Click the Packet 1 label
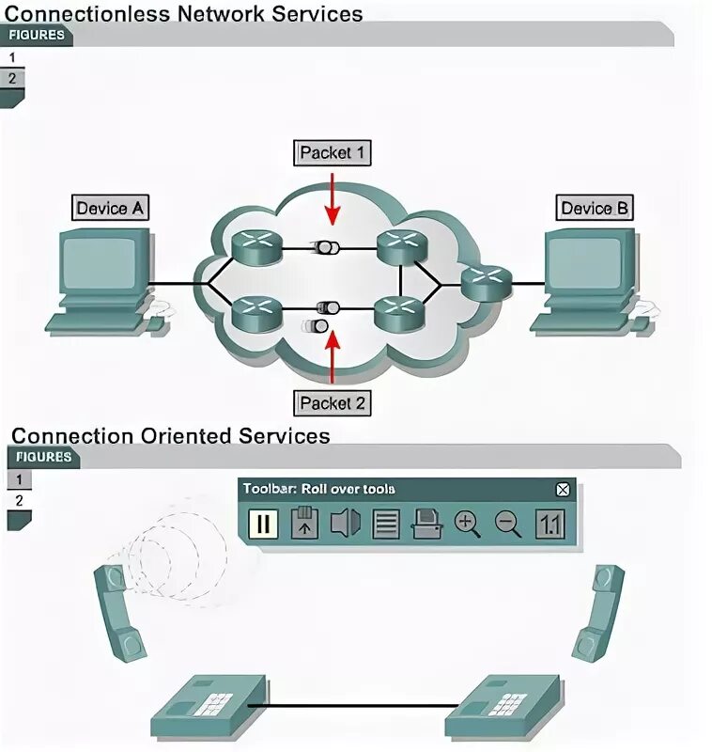[x=332, y=152]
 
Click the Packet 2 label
[x=332, y=404]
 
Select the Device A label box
[x=110, y=208]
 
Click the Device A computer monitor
[x=101, y=261]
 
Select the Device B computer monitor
[x=587, y=261]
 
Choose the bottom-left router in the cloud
[x=256, y=312]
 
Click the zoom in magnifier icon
[x=467, y=524]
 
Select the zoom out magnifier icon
[x=508, y=524]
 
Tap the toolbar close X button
[x=563, y=489]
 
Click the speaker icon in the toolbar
[x=345, y=524]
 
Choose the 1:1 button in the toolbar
[x=549, y=524]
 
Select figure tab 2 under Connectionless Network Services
[x=12, y=79]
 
